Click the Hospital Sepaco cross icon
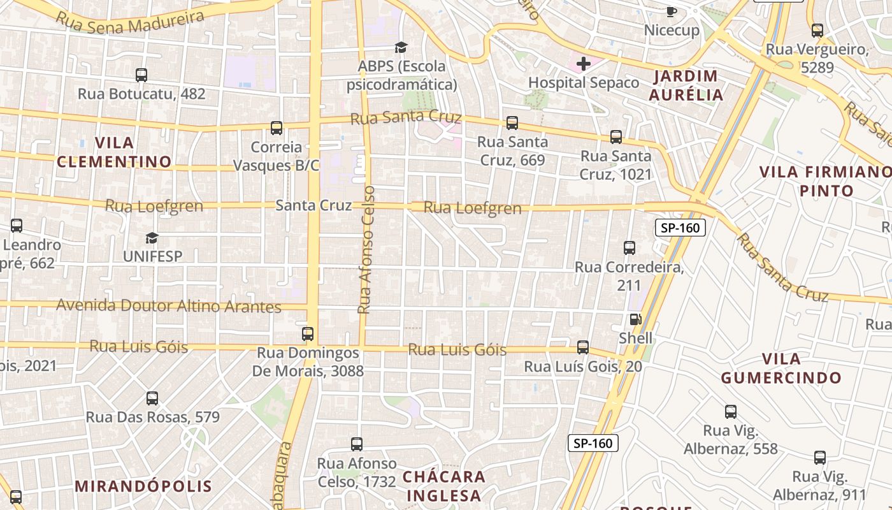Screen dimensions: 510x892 583,63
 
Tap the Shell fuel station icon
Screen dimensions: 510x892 635,319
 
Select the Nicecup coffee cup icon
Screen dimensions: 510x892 671,11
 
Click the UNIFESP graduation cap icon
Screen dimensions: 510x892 152,238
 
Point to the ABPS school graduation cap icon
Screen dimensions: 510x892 401,47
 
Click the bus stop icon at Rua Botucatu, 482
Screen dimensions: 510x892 141,75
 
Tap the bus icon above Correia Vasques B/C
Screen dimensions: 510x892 276,127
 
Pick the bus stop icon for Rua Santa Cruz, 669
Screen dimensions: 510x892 512,122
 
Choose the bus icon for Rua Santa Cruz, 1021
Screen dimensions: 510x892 615,136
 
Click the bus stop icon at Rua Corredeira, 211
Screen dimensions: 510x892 629,247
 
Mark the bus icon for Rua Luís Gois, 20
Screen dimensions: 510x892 582,347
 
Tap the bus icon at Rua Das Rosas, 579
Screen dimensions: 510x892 152,398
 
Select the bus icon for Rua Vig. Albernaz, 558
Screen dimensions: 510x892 730,412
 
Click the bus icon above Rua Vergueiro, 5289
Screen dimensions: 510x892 817,30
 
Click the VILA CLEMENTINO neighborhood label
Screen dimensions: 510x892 114,152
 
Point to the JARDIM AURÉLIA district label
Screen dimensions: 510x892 686,85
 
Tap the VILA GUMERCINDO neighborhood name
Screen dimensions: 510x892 781,368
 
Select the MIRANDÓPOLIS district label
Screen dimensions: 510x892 143,486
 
